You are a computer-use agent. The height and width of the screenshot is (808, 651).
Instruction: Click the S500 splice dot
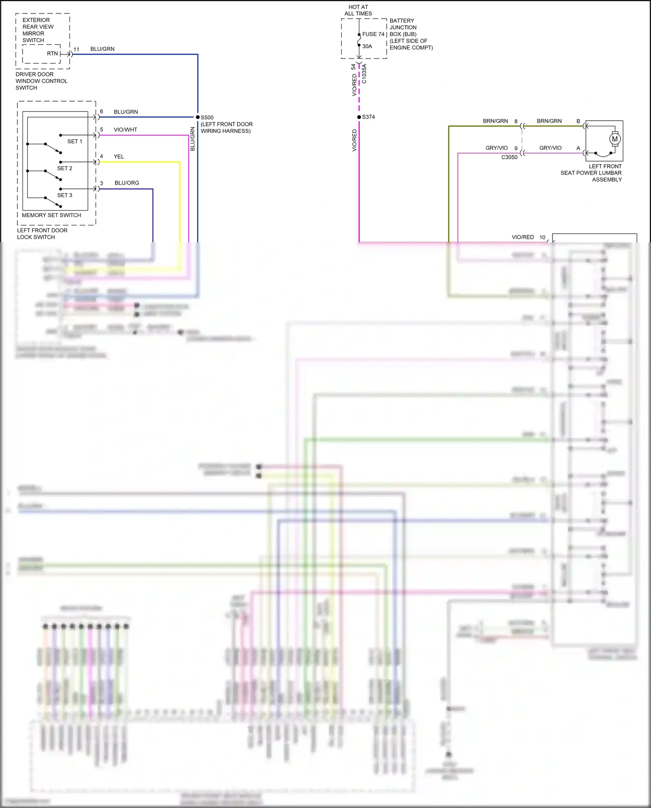pos(198,117)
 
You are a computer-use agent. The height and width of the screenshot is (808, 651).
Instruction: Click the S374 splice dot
pos(359,117)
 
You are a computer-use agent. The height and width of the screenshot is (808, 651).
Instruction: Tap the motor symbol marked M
pos(614,139)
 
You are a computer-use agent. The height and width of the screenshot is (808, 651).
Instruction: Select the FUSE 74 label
pos(373,34)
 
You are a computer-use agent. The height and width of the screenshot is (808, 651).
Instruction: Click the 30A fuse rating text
pos(367,46)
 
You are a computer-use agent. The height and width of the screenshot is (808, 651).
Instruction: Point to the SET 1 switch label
pos(75,142)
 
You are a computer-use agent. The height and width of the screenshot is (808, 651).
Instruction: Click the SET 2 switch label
pos(65,168)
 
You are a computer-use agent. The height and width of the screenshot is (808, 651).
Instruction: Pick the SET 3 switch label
pos(65,195)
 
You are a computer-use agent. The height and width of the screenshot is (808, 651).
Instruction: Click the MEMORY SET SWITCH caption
pos(51,215)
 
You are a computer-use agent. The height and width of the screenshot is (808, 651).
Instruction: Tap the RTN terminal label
pos(52,54)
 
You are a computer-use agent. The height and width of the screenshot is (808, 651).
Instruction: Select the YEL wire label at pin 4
pos(119,157)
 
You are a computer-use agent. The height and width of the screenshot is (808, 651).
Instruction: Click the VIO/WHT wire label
pos(125,130)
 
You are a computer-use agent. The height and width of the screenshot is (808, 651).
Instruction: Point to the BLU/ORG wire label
pos(127,183)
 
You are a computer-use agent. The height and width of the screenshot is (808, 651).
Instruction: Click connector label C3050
pos(509,158)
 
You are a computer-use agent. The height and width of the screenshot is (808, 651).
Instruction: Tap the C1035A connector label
pos(364,74)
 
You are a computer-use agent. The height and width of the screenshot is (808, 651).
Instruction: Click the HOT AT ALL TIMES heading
pos(358,10)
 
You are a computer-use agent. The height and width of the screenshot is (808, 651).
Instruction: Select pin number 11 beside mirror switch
pos(76,49)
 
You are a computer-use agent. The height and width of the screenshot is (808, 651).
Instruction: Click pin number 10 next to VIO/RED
pos(542,237)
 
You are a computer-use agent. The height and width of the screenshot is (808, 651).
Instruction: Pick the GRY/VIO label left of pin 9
pos(496,148)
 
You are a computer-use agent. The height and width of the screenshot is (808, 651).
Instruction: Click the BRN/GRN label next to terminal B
pos(549,121)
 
